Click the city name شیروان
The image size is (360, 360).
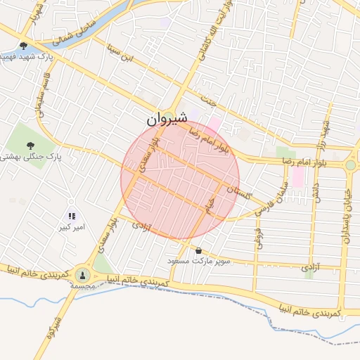pyautogui.click(x=167, y=120)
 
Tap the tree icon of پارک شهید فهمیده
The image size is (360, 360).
pyautogui.click(x=25, y=46)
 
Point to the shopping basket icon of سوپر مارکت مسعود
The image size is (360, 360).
pyautogui.click(x=198, y=250)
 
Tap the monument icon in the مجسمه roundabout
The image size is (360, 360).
pyautogui.click(x=84, y=275)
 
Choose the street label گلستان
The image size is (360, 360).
pyautogui.click(x=239, y=190)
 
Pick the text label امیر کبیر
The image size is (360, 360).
pyautogui.click(x=71, y=228)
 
